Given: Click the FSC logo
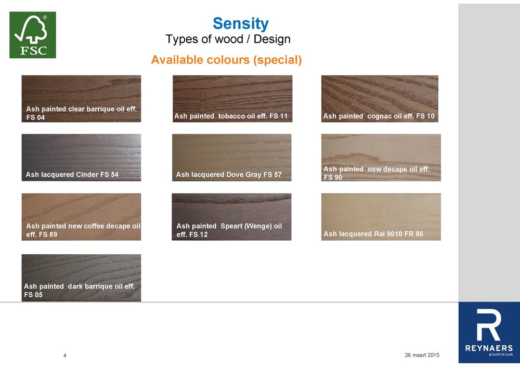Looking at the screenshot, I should point(33,35).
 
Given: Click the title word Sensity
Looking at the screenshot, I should point(240,23).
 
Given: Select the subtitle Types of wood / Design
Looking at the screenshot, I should point(228,39).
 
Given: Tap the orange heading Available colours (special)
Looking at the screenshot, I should point(226,60).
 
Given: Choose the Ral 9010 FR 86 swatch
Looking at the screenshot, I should point(381,211).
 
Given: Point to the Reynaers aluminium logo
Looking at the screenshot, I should point(488,333).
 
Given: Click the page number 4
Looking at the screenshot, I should point(64,356).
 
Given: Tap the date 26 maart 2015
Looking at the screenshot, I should point(422,355).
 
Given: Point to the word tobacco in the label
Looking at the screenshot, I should point(230,116).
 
